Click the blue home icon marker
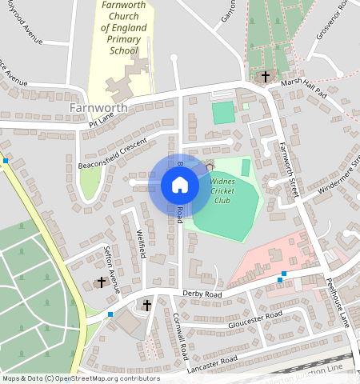[180, 186]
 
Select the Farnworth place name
[98, 106]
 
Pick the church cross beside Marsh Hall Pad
[266, 77]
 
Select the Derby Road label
[202, 294]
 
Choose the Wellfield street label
[141, 242]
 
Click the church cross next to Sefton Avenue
[102, 282]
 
